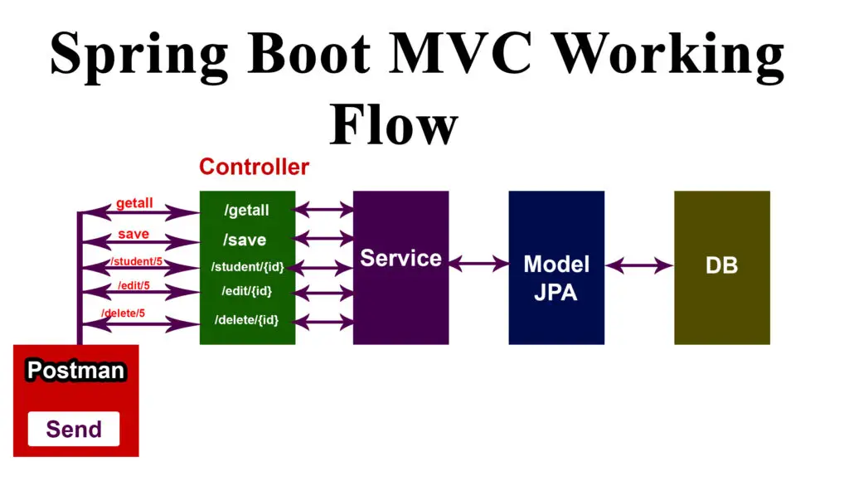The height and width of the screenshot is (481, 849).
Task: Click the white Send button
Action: (x=74, y=429)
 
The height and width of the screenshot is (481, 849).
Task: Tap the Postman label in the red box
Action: (x=75, y=371)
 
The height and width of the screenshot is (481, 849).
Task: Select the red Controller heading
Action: (x=254, y=167)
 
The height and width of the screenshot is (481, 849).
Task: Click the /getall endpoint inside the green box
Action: (x=246, y=211)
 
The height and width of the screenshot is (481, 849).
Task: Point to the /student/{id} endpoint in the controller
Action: (x=247, y=267)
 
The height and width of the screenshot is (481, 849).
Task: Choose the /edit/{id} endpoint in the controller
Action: (x=246, y=291)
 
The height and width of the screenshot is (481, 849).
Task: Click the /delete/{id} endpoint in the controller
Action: (x=246, y=320)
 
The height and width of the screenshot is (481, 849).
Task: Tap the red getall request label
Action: (x=134, y=204)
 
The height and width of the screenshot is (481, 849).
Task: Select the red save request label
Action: (x=133, y=234)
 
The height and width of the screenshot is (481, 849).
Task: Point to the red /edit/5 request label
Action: (x=133, y=286)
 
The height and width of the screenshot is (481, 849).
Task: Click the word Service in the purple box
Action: (x=400, y=258)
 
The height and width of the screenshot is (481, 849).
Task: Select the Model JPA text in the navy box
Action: (x=556, y=278)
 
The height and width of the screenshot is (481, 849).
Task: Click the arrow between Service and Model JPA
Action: (x=478, y=264)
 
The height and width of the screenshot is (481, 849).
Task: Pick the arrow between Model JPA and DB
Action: (x=638, y=266)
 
